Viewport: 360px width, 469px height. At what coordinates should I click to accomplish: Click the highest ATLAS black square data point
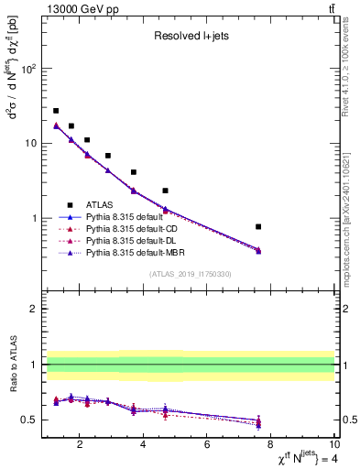tap(56, 111)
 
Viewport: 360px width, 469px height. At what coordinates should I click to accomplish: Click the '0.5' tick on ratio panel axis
tap(27, 420)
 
